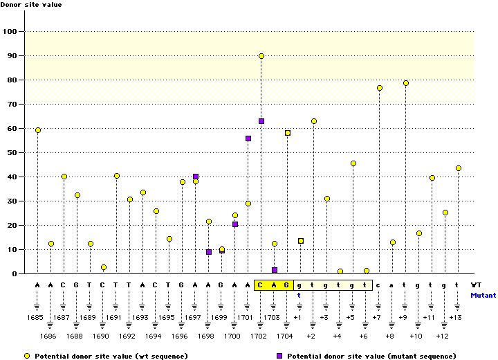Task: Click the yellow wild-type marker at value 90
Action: coord(261,56)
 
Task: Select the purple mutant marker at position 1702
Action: coord(261,121)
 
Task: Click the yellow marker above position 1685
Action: coord(38,130)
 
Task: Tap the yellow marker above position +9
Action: coord(406,83)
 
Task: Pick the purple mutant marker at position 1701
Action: coord(248,138)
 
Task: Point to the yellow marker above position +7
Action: coord(380,88)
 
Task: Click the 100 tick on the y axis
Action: coord(12,32)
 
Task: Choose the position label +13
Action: coord(455,317)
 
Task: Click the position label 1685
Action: coord(35,317)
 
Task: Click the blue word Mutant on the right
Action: coord(483,294)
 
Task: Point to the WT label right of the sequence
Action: coord(477,285)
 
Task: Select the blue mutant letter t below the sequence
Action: coord(300,294)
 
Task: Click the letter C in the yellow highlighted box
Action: coord(261,285)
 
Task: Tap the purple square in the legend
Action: coord(279,355)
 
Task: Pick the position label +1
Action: coord(297,317)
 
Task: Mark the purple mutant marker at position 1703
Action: coord(275,270)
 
